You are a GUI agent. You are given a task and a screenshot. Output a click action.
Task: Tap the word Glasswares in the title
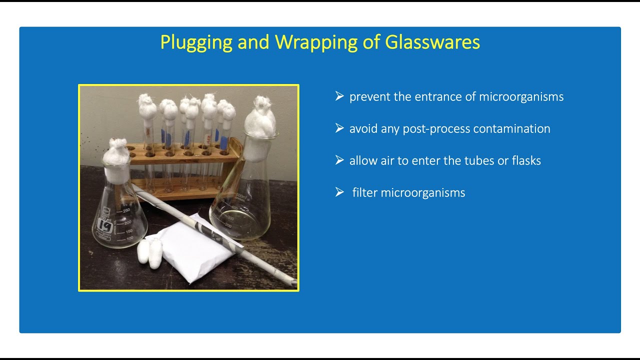(x=432, y=42)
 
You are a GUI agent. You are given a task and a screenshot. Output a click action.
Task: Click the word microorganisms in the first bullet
(x=521, y=97)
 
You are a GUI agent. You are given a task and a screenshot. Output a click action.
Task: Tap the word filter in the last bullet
(x=365, y=193)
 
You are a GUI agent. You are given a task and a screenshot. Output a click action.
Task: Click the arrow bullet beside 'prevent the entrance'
(x=339, y=96)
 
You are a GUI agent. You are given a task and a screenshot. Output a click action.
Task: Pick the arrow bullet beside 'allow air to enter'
(x=339, y=160)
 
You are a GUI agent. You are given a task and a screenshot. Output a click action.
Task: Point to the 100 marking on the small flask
(x=129, y=238)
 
